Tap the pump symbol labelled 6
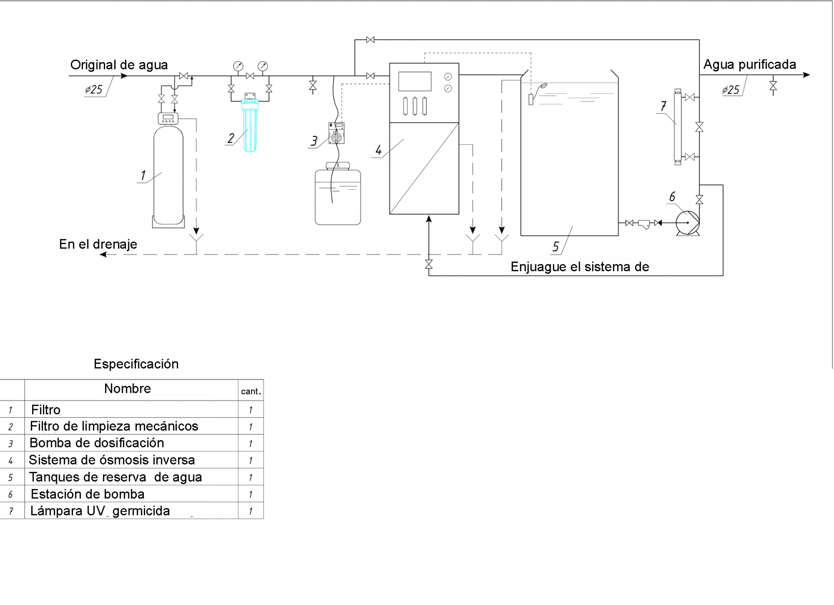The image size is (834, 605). click(688, 223)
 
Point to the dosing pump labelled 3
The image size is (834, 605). click(337, 133)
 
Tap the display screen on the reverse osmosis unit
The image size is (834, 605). click(415, 81)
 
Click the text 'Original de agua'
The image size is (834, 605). click(119, 65)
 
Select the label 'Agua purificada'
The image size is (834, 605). click(749, 65)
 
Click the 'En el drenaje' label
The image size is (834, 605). click(98, 244)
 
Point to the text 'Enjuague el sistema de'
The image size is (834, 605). click(579, 267)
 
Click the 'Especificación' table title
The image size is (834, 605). click(136, 364)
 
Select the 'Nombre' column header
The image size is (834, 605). click(127, 389)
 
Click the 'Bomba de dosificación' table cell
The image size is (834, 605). click(97, 443)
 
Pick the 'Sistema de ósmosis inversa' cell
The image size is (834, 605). click(112, 460)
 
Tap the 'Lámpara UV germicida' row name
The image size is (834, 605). click(100, 511)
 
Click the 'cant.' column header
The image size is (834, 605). click(251, 392)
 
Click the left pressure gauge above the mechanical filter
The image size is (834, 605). click(238, 66)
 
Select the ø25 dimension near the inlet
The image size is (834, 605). click(94, 90)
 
